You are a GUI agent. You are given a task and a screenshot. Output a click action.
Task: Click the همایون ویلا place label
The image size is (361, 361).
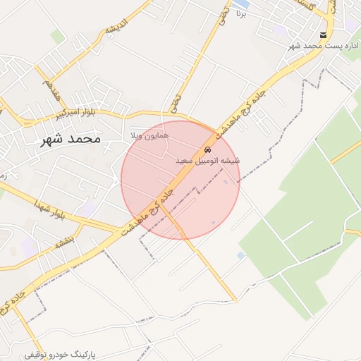(x=147, y=134)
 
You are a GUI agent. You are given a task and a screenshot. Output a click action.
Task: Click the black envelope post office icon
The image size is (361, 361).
(x=323, y=35)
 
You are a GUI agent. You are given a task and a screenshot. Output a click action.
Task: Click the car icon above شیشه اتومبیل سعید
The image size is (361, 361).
(x=207, y=150)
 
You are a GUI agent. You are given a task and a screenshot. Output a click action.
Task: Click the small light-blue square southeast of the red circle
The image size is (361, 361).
(x=241, y=255)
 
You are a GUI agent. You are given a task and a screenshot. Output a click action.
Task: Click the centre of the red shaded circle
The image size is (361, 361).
(x=180, y=180)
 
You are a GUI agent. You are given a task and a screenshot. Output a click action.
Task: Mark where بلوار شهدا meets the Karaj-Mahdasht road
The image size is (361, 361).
(x=116, y=231)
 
